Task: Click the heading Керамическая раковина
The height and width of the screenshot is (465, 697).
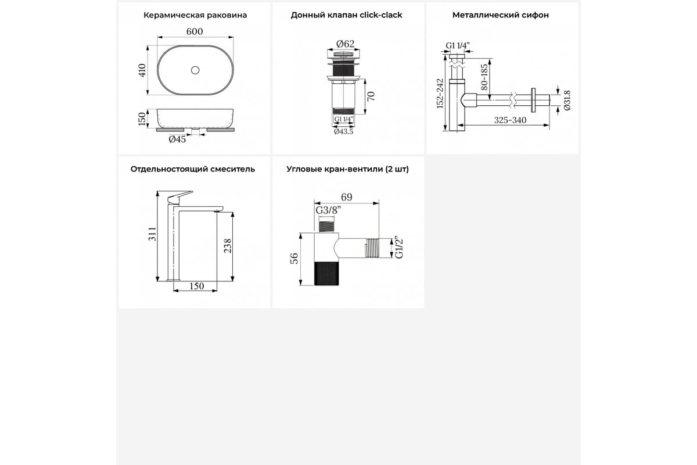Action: [x=195, y=15]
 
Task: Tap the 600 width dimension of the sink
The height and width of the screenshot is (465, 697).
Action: [x=195, y=31]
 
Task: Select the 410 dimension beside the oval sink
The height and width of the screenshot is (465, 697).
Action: [x=142, y=70]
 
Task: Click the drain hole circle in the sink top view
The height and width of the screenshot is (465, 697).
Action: [x=195, y=70]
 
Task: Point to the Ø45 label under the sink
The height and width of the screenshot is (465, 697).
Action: [x=177, y=139]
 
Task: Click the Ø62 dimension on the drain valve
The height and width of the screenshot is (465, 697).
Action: [x=346, y=44]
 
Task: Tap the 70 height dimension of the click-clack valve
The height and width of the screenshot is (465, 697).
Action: [x=371, y=96]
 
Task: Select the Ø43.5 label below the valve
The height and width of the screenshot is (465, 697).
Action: [x=343, y=132]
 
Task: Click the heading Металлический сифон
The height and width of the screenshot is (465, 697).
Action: [x=500, y=15]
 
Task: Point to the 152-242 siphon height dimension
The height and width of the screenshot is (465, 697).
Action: [x=440, y=94]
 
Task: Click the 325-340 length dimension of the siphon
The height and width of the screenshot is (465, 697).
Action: [x=511, y=120]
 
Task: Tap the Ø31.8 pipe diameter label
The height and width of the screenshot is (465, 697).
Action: [x=567, y=101]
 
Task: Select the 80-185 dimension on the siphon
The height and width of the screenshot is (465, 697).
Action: [x=484, y=77]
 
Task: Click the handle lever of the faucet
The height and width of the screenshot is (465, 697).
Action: [x=179, y=197]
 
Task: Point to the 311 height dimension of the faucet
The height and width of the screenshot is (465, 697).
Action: [x=152, y=234]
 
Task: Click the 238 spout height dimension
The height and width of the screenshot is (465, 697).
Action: [x=228, y=246]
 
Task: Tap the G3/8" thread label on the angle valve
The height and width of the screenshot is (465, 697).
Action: [x=328, y=210]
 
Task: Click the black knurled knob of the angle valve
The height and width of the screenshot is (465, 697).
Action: [x=326, y=273]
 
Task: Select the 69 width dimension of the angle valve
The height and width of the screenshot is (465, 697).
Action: [x=346, y=197]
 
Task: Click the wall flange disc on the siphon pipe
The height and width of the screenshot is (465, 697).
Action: [x=533, y=100]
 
